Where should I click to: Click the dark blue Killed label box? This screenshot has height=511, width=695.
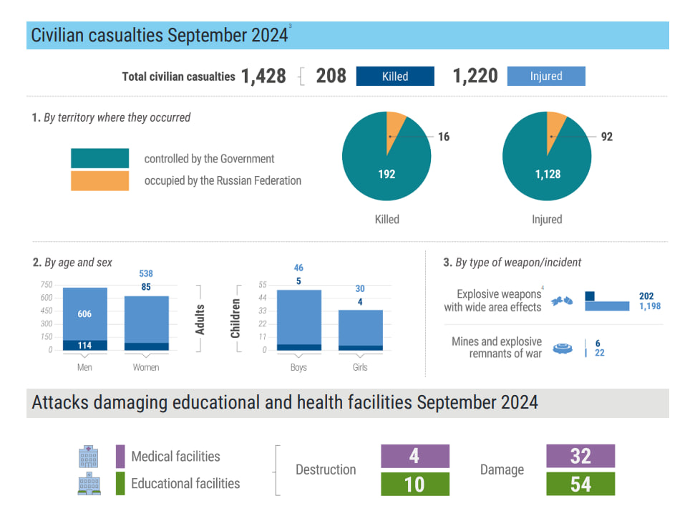pos(395,77)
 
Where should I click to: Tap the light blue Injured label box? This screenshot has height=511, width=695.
pos(546,77)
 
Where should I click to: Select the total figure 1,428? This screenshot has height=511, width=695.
pos(263,77)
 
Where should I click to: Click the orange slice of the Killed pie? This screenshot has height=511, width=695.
pos(394,129)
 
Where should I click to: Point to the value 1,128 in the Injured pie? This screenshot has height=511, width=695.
pos(548,174)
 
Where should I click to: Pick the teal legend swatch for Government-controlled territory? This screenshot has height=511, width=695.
pos(99,158)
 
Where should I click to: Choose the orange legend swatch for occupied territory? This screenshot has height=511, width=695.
pos(99,181)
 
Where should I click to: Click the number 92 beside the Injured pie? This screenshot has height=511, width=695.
pos(607,137)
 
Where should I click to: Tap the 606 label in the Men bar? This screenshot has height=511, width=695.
pos(84,313)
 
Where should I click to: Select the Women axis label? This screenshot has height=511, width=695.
pos(146,367)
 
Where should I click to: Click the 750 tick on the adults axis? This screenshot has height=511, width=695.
pos(47,285)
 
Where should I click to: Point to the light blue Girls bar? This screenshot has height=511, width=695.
pos(360,328)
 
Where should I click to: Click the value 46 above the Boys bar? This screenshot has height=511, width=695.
pos(298,268)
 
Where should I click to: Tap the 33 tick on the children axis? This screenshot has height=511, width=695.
pos(263,311)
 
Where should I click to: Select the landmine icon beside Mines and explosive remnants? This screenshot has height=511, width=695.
pos(563,349)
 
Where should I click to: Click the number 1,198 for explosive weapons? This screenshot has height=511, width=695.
pos(650,306)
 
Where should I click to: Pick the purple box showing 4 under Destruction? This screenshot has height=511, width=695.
pos(415,456)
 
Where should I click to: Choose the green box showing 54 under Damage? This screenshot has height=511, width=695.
pos(580,484)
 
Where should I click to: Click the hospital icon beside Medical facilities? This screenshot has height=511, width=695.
pos(88,457)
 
